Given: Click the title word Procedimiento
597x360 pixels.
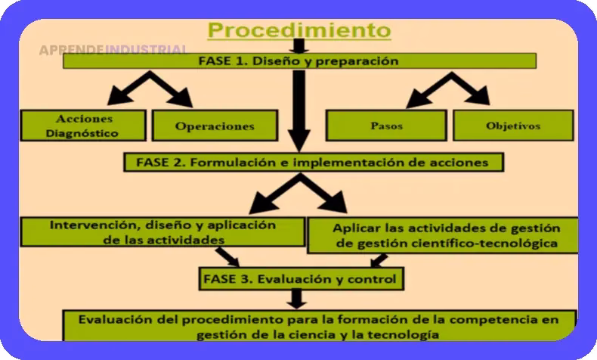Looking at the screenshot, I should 299,30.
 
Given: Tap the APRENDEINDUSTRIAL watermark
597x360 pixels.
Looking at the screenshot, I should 113,50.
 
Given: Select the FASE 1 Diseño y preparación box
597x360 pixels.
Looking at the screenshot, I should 299,61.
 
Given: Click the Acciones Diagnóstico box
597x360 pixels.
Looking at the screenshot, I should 84,126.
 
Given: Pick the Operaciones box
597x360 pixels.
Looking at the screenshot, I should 215,126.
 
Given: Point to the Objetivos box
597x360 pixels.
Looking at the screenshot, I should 513,126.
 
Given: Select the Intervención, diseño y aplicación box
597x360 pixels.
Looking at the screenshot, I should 162,231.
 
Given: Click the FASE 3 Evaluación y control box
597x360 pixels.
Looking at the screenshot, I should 299,278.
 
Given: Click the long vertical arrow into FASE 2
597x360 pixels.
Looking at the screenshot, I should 299,106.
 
